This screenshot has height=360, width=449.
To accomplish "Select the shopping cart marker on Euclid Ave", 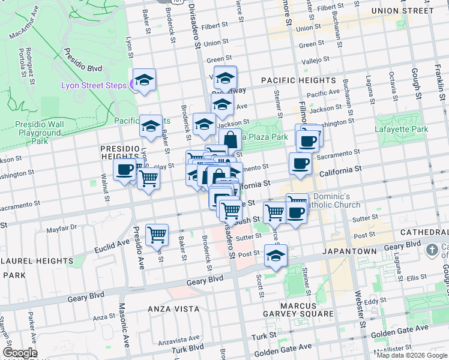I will pyautogui.click(x=157, y=235).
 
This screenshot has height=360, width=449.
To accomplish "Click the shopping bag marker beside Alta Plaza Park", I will pyautogui.click(x=231, y=140).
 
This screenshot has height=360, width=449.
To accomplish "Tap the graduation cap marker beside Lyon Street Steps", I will pyautogui.click(x=145, y=80).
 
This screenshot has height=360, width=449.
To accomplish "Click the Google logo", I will pyautogui.click(x=20, y=353).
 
